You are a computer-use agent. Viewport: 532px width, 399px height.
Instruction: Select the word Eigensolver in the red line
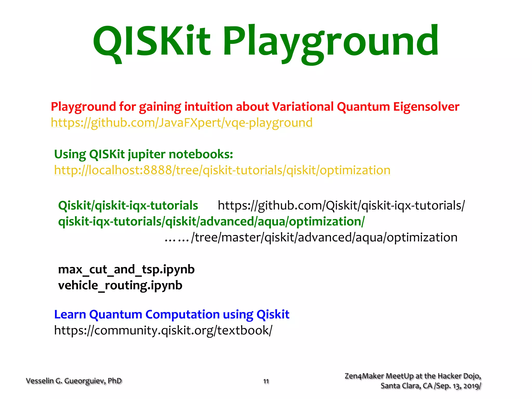tap(426, 107)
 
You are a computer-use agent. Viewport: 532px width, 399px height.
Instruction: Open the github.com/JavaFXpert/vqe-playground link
tap(182, 123)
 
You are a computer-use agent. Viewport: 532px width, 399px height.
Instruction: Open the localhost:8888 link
tap(222, 170)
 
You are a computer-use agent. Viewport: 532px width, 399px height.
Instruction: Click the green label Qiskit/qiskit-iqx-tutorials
tap(128, 205)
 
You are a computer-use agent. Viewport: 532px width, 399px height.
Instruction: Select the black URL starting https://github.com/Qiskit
tap(341, 205)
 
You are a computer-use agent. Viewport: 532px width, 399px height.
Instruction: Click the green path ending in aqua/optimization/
tap(211, 222)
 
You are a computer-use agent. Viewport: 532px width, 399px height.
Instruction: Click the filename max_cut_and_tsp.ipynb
tap(126, 269)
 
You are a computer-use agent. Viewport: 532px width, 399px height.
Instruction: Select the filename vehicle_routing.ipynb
tap(120, 285)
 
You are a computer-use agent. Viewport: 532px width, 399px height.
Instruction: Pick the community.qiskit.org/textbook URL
tap(163, 331)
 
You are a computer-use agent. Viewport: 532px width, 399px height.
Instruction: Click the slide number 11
tap(266, 381)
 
